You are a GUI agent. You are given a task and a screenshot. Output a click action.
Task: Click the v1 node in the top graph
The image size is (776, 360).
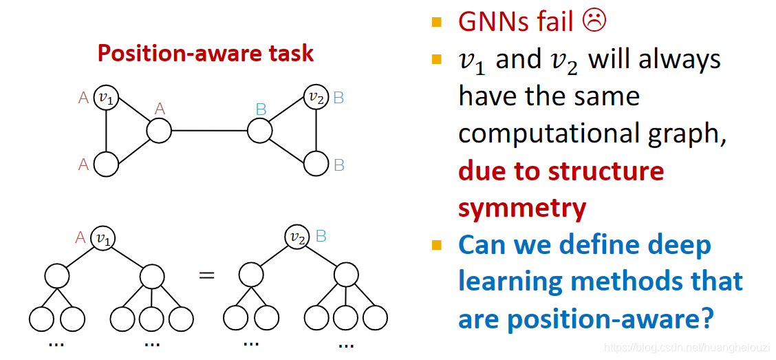pos(106,98)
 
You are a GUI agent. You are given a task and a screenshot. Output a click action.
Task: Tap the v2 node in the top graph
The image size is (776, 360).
pos(316,98)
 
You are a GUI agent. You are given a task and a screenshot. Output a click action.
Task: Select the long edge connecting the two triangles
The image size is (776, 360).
pos(209,130)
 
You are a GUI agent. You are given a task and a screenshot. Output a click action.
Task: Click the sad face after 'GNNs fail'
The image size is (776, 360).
pos(594,21)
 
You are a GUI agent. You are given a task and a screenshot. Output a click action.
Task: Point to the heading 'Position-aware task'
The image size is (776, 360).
pos(205,53)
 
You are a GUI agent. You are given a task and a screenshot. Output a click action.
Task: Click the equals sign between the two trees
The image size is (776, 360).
pos(206,275)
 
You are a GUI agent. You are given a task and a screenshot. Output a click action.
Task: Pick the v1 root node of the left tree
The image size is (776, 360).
pos(103,238)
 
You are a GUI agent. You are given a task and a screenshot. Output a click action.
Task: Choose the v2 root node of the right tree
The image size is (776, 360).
pos(297,238)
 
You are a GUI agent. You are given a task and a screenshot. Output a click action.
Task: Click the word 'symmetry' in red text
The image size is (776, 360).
pos(522,207)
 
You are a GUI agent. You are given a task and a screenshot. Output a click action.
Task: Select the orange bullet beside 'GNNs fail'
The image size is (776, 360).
pos(436,22)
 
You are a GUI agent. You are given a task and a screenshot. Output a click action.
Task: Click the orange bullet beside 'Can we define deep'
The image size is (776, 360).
pos(436,245)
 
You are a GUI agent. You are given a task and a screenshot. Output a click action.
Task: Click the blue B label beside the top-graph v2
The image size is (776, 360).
pos(338,98)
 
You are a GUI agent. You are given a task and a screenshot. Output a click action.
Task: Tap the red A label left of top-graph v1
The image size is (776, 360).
pos(83,98)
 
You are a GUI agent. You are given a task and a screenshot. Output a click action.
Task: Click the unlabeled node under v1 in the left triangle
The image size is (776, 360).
pos(106,165)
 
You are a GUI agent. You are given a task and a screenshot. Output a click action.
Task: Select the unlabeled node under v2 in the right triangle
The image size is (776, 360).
pos(316,164)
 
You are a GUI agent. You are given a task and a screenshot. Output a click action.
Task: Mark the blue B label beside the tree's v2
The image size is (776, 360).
pos(321,236)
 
